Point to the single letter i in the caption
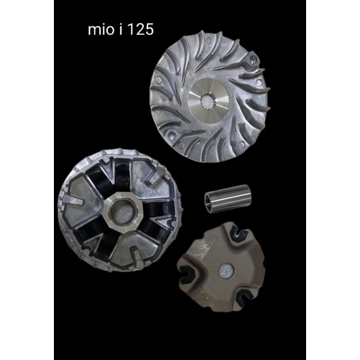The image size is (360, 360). click(x=121, y=30)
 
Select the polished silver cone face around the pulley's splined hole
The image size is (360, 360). click(x=209, y=101)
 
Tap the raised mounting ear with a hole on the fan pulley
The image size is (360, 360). click(x=253, y=60)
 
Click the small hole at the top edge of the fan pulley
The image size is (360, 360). click(x=209, y=40)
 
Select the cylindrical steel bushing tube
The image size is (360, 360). click(x=228, y=198)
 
